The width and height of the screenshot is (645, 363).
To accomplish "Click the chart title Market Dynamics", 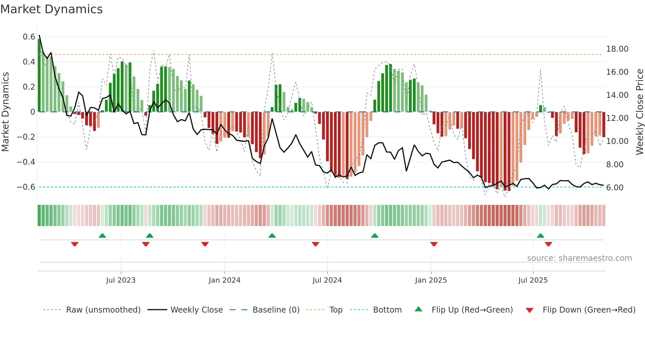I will pos(51,9).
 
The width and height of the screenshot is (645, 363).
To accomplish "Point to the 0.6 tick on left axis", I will pos(29,37).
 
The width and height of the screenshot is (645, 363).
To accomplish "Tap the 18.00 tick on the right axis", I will pos(617,49).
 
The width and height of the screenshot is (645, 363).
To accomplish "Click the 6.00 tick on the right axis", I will pos(615,188).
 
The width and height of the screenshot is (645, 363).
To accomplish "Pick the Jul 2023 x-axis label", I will pos(121,280).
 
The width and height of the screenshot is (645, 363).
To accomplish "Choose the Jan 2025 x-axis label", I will pos(431,280).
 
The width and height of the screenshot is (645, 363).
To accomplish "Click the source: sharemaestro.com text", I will pos(579,258).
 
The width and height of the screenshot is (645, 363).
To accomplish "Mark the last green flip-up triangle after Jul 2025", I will pos(540,236).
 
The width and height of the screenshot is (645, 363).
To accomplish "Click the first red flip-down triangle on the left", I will pos(75,244).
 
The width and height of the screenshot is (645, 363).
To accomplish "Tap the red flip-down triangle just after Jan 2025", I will pos(434,244).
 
